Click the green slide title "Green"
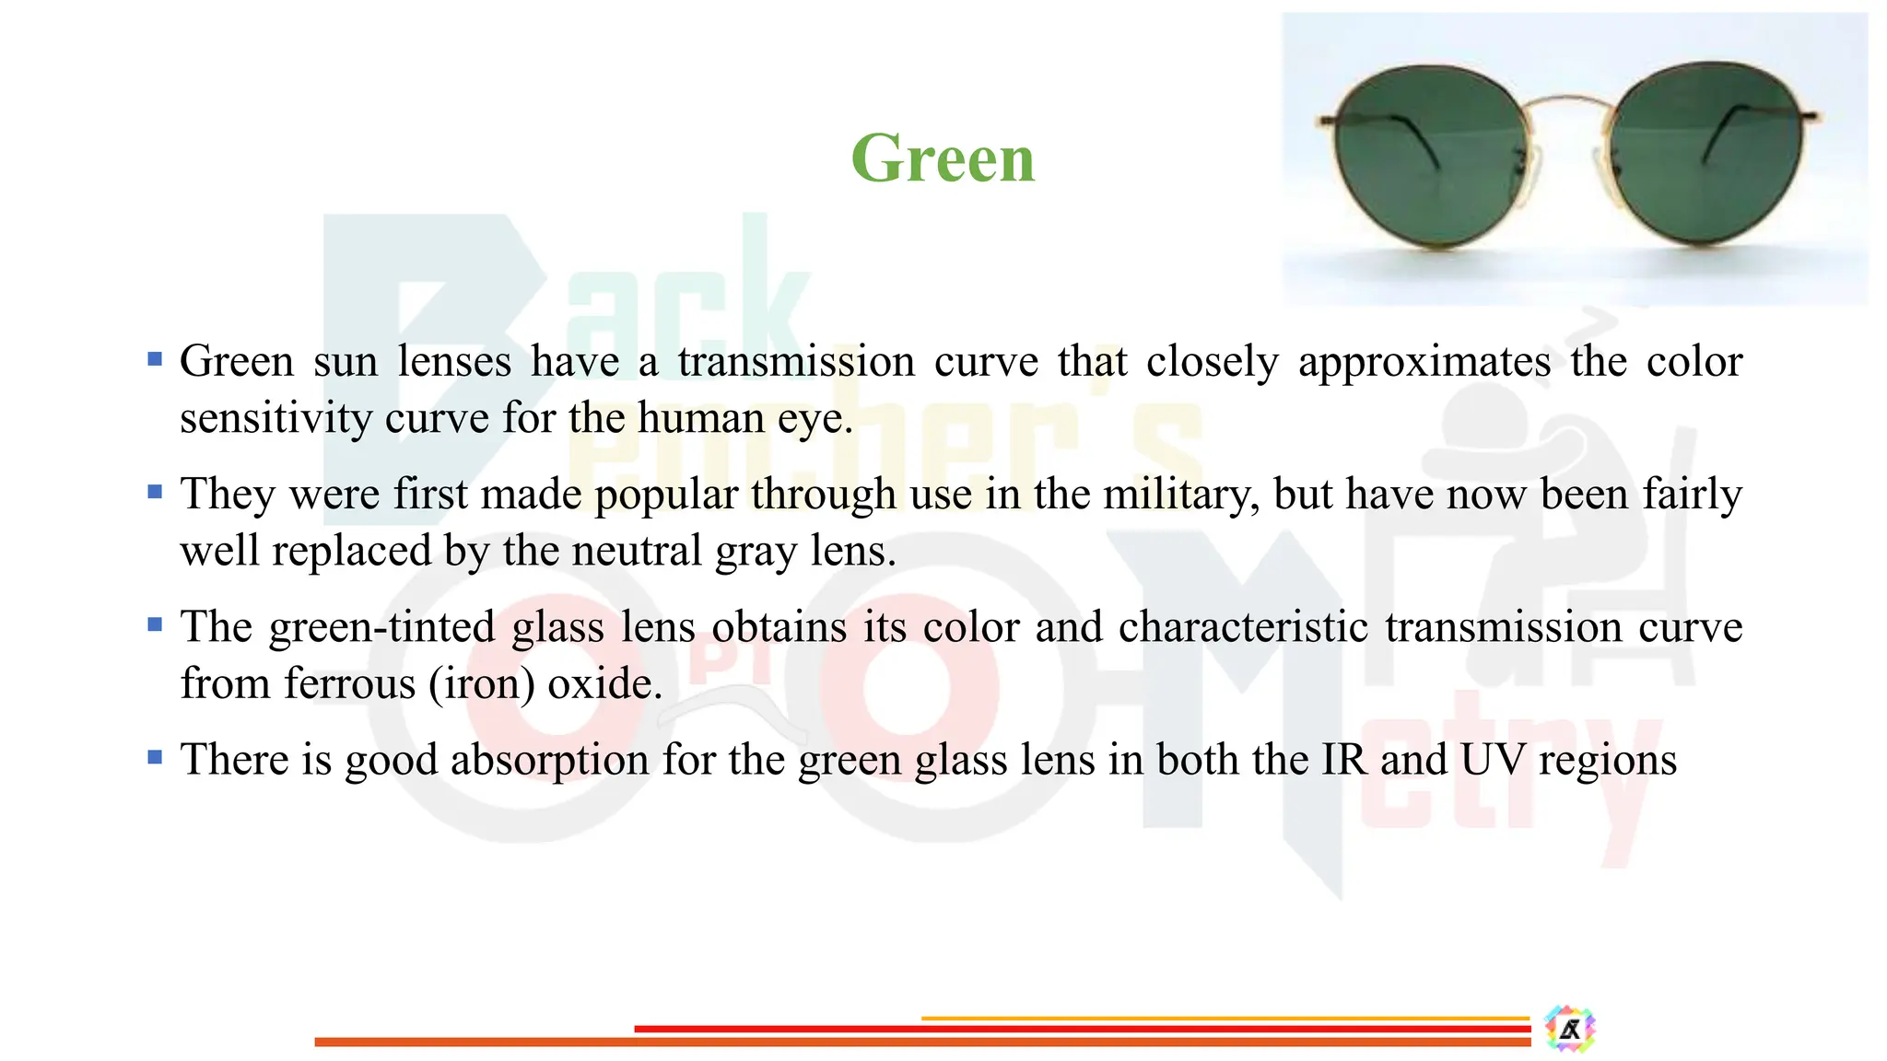pyautogui.click(x=943, y=158)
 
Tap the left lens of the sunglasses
pyautogui.click(x=1428, y=157)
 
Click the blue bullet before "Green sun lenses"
pyautogui.click(x=155, y=358)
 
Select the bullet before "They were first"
pyautogui.click(x=155, y=491)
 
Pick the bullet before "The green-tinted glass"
pyautogui.click(x=155, y=624)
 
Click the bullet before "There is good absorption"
pyautogui.click(x=155, y=756)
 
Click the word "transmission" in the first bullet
pyautogui.click(x=796, y=361)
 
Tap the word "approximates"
pyautogui.click(x=1424, y=361)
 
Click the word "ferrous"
pyautogui.click(x=350, y=684)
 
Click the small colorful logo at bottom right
pyautogui.click(x=1570, y=1029)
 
